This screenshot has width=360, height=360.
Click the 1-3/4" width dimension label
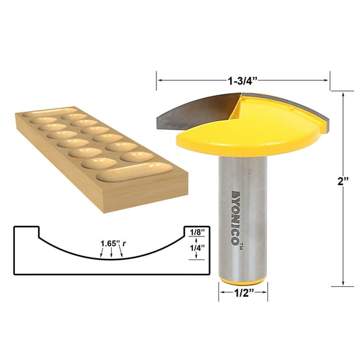(243, 79)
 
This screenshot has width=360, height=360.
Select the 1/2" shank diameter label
(243, 297)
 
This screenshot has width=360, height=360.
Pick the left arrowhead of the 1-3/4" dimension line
(159, 79)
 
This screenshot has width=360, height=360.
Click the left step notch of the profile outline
(38, 233)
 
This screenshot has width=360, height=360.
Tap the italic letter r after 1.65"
(124, 243)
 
